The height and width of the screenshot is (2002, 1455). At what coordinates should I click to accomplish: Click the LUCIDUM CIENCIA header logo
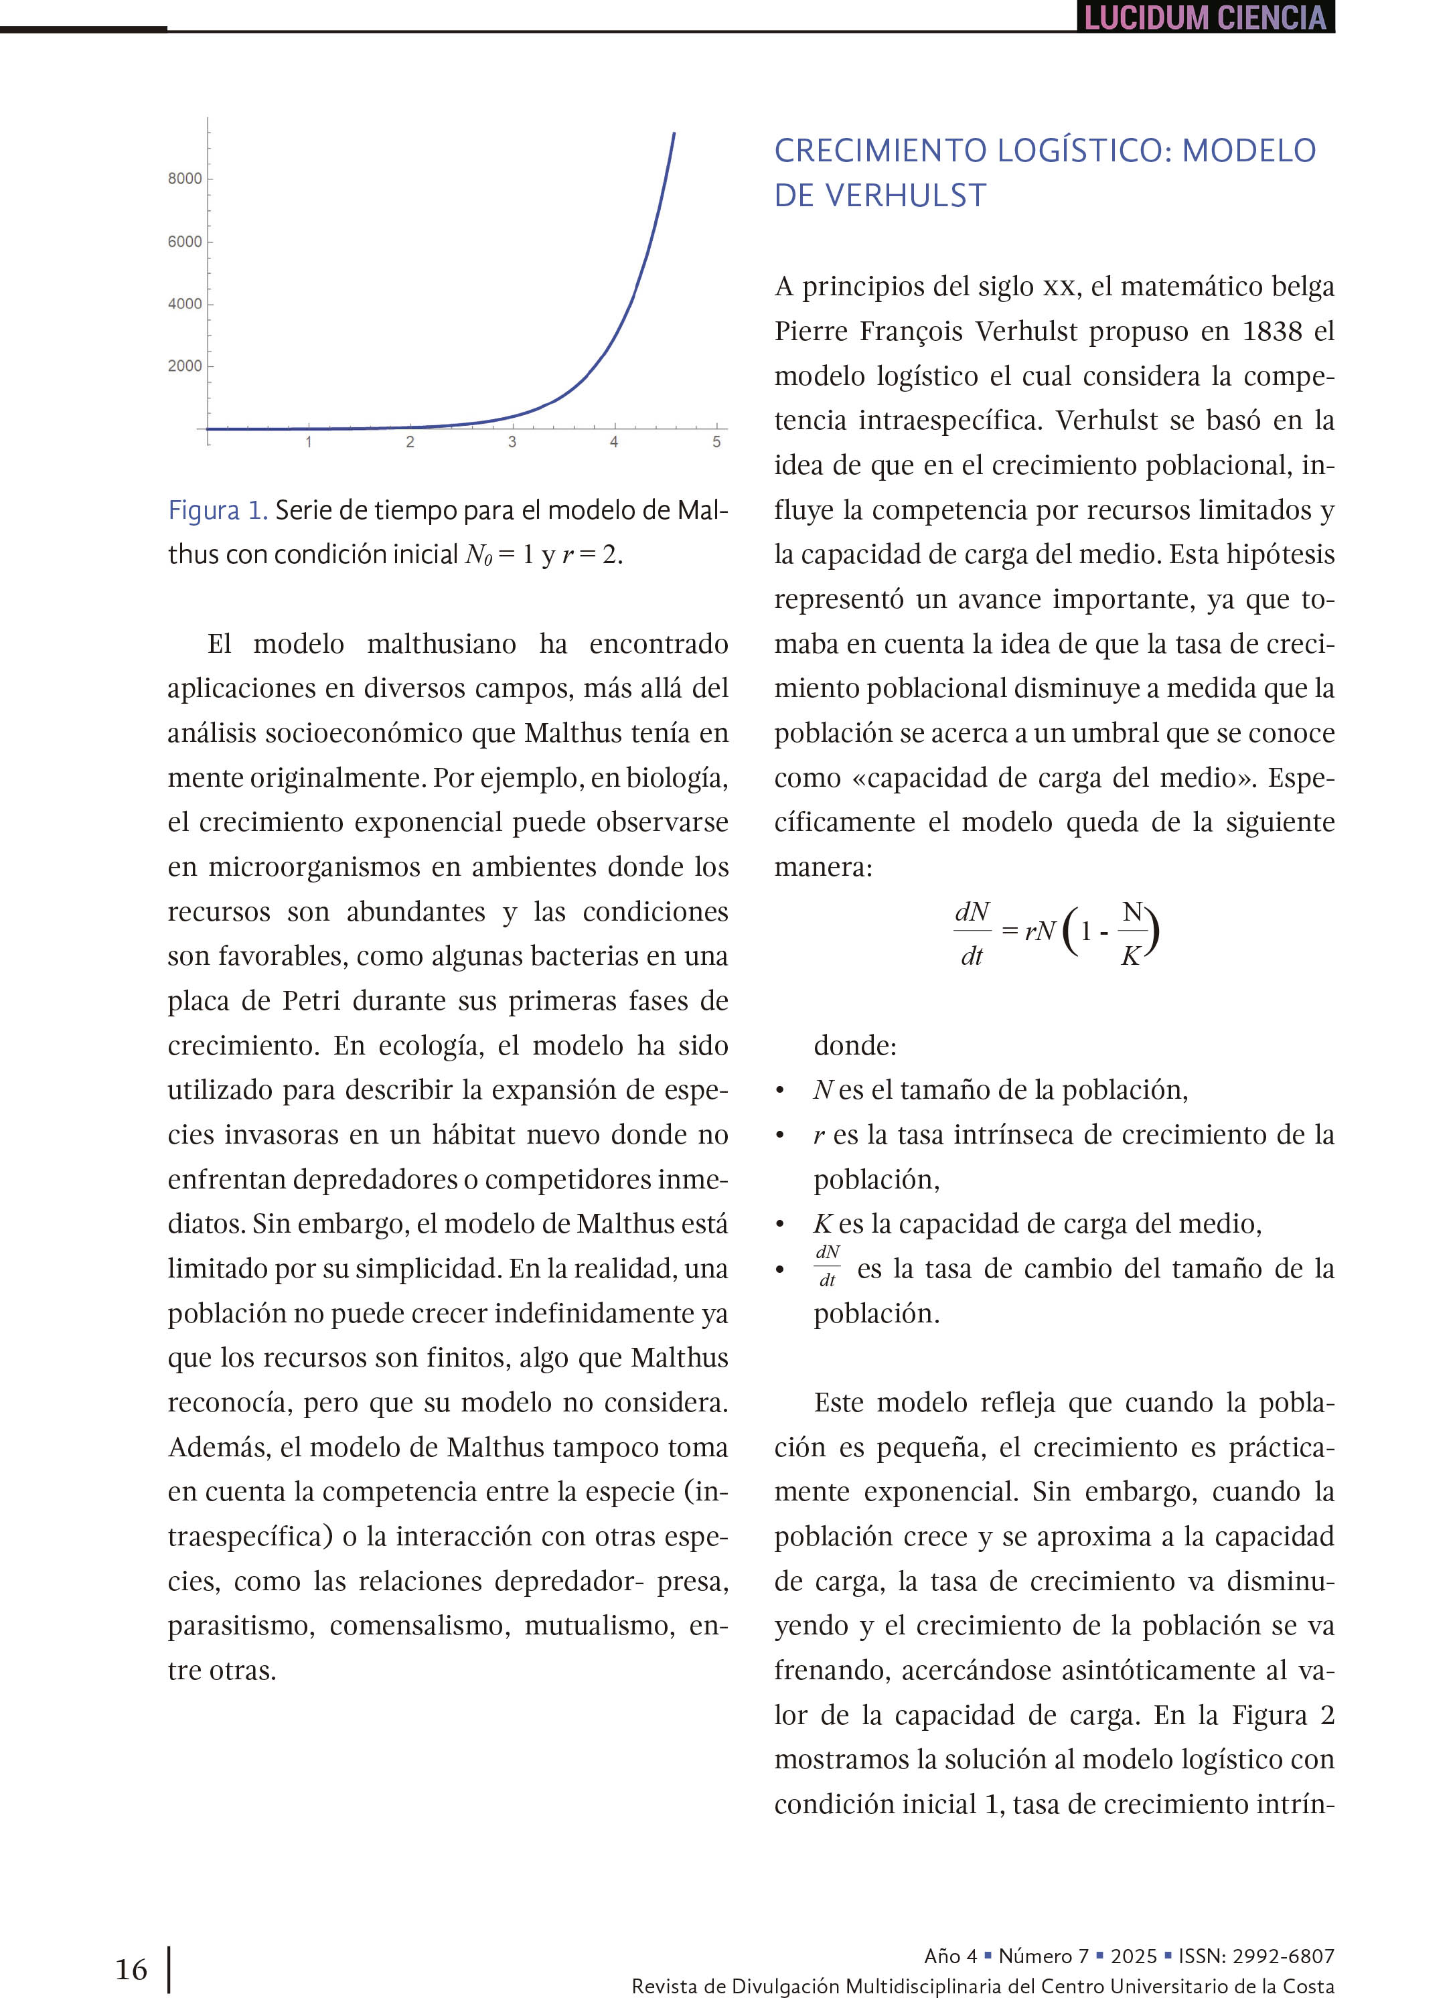point(1205,17)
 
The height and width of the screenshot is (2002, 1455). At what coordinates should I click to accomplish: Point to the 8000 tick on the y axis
point(185,178)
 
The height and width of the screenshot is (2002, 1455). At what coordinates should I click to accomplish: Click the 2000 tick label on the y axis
point(185,366)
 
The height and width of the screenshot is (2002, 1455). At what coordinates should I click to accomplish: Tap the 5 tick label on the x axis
point(716,442)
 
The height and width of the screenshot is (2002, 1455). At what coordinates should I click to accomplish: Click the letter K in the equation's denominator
point(1130,956)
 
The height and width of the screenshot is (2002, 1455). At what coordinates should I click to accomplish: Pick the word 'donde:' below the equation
point(854,1045)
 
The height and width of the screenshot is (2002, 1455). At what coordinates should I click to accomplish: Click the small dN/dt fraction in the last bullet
point(827,1266)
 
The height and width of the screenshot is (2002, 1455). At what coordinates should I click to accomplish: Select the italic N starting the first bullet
point(823,1090)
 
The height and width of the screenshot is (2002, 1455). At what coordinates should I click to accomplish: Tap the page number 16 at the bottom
point(131,1969)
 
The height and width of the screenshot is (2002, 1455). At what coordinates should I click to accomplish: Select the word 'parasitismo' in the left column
point(241,1625)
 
